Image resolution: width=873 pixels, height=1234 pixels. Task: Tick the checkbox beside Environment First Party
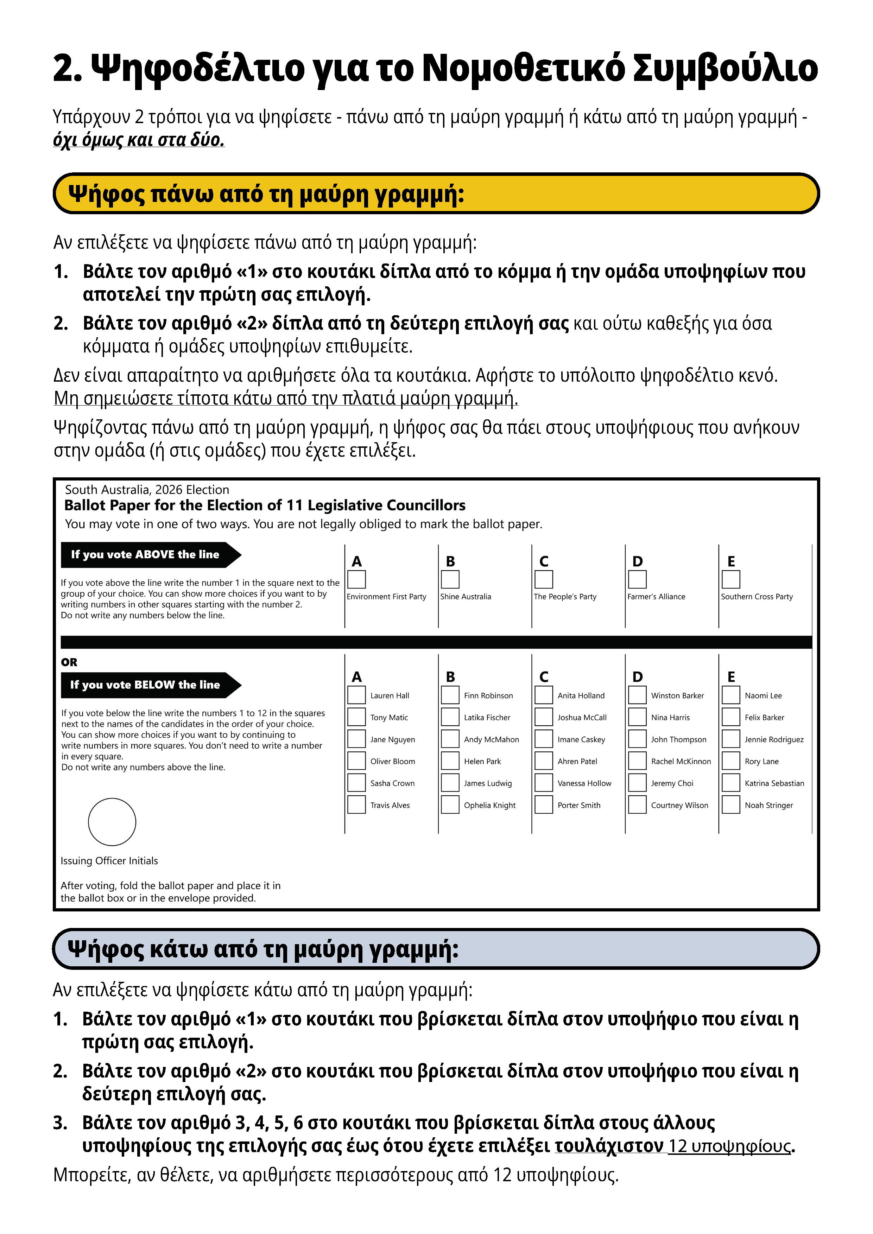(x=356, y=579)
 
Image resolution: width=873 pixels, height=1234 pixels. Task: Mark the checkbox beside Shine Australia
(x=450, y=579)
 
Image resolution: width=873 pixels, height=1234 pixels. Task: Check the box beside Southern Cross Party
(x=730, y=579)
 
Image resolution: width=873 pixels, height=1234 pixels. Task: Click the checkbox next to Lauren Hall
(x=356, y=695)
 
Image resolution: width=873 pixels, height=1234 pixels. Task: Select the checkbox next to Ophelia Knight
(x=450, y=804)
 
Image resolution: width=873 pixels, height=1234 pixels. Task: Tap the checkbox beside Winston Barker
(x=637, y=695)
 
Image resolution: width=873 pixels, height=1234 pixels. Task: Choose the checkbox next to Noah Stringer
(x=730, y=804)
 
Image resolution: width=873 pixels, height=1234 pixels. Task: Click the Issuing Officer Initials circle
(x=112, y=822)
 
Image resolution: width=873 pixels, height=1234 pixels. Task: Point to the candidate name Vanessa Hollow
(x=584, y=783)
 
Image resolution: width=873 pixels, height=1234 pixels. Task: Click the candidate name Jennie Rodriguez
(x=774, y=739)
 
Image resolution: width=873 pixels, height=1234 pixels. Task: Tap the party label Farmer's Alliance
(x=656, y=597)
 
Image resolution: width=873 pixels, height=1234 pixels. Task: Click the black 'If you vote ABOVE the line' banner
(x=145, y=555)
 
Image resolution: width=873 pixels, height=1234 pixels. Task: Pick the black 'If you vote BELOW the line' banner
(x=145, y=685)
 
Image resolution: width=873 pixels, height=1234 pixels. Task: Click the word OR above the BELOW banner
(x=69, y=662)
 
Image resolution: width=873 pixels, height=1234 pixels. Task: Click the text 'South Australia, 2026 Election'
(x=147, y=490)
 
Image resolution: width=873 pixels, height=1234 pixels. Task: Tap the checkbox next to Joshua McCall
(x=544, y=717)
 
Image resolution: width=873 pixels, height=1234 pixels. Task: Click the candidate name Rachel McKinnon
(x=681, y=761)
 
